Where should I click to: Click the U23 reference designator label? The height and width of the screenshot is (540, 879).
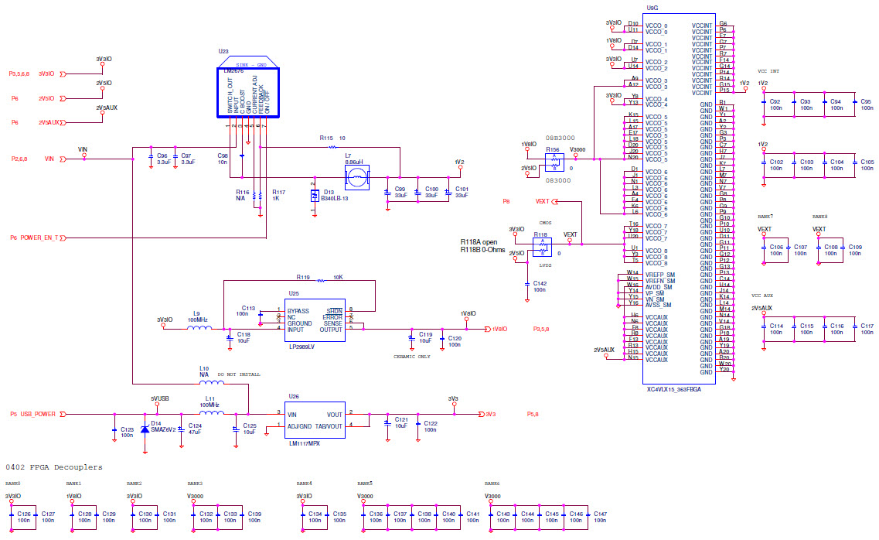223,52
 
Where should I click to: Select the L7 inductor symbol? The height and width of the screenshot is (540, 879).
356,179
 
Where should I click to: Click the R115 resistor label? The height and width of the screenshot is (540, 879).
327,138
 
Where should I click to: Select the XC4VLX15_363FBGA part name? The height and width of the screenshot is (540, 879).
684,390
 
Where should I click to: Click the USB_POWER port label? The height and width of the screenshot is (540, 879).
38,414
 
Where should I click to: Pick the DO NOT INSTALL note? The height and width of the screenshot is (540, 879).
239,374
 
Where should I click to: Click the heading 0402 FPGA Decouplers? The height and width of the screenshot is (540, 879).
54,467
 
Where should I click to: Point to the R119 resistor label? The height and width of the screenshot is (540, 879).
302,276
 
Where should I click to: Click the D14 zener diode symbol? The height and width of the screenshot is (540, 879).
145,430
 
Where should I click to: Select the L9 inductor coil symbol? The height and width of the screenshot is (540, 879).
199,328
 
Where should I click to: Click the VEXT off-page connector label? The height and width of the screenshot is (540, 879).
543,201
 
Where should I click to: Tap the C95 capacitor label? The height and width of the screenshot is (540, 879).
867,101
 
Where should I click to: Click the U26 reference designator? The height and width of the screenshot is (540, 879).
294,396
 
